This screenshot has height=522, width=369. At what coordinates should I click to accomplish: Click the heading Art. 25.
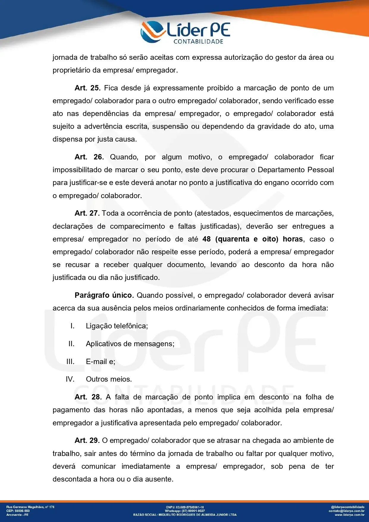pyautogui.click(x=87, y=88)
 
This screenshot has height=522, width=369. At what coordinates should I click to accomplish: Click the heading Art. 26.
pyautogui.click(x=89, y=157)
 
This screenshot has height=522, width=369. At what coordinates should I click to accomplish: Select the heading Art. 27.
pyautogui.click(x=87, y=213)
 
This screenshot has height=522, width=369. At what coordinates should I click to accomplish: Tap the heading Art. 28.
pyautogui.click(x=88, y=397)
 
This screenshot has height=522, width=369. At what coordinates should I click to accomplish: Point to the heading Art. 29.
pyautogui.click(x=87, y=441)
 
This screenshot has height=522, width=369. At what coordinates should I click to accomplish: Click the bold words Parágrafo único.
pyautogui.click(x=104, y=295)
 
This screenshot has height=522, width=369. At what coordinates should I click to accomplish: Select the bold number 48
pyautogui.click(x=207, y=239)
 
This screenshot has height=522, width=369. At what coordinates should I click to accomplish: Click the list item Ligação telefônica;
pyautogui.click(x=117, y=326)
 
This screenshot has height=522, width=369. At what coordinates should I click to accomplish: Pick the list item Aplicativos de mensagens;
pyautogui.click(x=130, y=344)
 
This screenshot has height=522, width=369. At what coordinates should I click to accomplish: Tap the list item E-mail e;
pyautogui.click(x=101, y=362)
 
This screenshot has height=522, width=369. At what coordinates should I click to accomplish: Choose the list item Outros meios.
pyautogui.click(x=109, y=379)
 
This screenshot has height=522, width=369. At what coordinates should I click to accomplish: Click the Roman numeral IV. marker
pyautogui.click(x=70, y=379)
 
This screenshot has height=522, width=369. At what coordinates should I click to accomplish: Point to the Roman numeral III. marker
pyautogui.click(x=70, y=362)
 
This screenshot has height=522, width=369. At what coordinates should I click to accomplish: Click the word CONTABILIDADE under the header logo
pyautogui.click(x=198, y=42)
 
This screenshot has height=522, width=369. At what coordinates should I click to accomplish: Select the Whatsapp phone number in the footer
pyautogui.click(x=193, y=511)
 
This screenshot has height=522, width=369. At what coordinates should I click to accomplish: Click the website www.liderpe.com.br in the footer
pyautogui.click(x=349, y=515)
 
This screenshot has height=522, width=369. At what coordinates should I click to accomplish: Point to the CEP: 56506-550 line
pyautogui.click(x=18, y=511)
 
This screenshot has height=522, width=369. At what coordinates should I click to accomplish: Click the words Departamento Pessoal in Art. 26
pyautogui.click(x=296, y=170)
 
